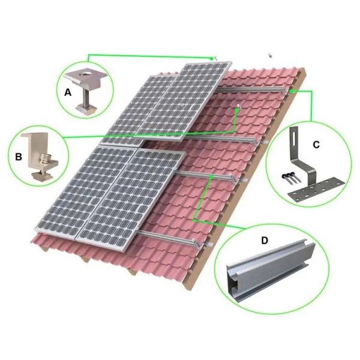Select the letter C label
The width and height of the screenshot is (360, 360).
click(316, 144)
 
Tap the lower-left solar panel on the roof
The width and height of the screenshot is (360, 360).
click(81, 192)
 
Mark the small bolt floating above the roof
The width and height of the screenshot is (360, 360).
click(271, 55)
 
